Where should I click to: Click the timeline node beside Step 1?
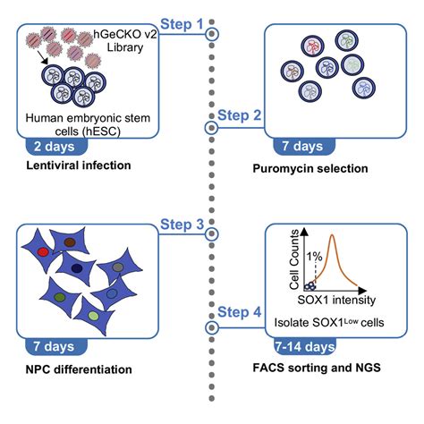pos(212,34)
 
